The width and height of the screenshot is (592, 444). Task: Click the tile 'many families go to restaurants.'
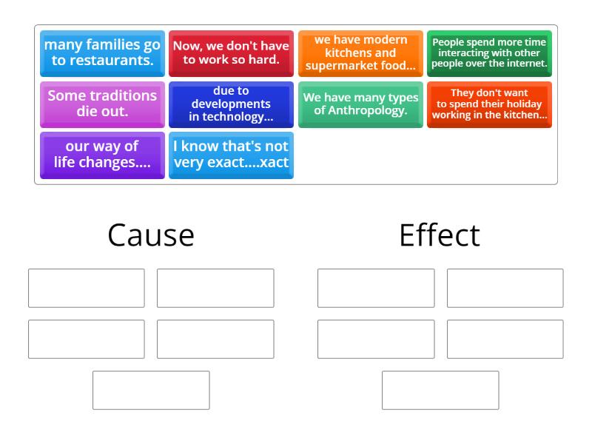102,53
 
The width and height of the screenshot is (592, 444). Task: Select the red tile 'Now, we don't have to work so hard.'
231,53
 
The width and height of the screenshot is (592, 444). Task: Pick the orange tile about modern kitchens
360,53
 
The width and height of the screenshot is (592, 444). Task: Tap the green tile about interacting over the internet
489,53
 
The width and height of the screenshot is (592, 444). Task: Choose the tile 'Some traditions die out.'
102,104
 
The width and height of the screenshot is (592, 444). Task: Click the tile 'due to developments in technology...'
231,104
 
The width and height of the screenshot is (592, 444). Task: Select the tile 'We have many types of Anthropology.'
360,104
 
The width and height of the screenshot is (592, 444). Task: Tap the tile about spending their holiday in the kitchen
489,104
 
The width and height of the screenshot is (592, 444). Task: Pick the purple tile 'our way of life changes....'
102,155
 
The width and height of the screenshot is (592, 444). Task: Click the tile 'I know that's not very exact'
231,155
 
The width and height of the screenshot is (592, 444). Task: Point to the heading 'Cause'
151,235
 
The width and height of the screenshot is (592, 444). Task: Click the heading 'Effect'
440,235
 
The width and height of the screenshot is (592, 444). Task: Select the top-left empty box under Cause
87,288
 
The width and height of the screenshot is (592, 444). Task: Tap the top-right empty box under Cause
215,288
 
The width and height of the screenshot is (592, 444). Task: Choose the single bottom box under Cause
151,390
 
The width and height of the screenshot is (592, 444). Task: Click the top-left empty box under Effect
376,288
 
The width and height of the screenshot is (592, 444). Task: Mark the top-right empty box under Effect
505,288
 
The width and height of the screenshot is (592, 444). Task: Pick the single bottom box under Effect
440,390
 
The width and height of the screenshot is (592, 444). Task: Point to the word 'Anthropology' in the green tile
370,111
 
